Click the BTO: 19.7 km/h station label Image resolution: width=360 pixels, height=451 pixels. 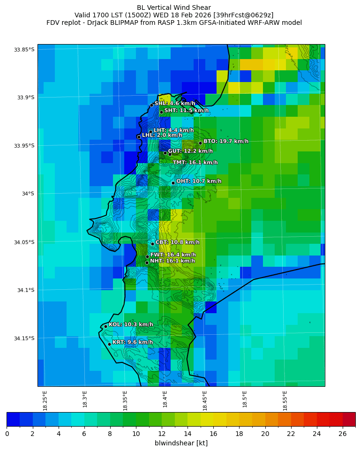[x=225, y=141]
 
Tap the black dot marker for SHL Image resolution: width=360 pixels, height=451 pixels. [x=151, y=105]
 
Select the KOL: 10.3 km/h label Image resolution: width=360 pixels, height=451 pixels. [x=131, y=324]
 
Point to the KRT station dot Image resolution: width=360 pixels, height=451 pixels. [x=109, y=344]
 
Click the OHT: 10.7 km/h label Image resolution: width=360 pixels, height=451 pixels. [x=199, y=181]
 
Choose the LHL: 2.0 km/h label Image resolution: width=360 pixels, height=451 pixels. [x=162, y=135]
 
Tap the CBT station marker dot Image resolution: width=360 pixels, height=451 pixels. [x=152, y=244]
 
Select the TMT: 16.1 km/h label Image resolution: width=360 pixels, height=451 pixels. [x=195, y=163]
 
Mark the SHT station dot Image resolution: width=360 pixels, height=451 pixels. [x=161, y=112]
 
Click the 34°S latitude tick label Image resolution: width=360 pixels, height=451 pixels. [x=26, y=194]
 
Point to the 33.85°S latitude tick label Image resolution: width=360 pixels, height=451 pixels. [x=24, y=50]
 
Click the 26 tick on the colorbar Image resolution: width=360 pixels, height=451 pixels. [x=343, y=434]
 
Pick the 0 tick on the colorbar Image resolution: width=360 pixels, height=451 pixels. [x=7, y=434]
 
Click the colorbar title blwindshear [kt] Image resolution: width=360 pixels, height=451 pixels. [x=181, y=443]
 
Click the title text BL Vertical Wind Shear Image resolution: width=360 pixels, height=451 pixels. [x=174, y=8]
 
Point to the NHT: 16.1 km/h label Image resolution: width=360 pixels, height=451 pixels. [x=172, y=261]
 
